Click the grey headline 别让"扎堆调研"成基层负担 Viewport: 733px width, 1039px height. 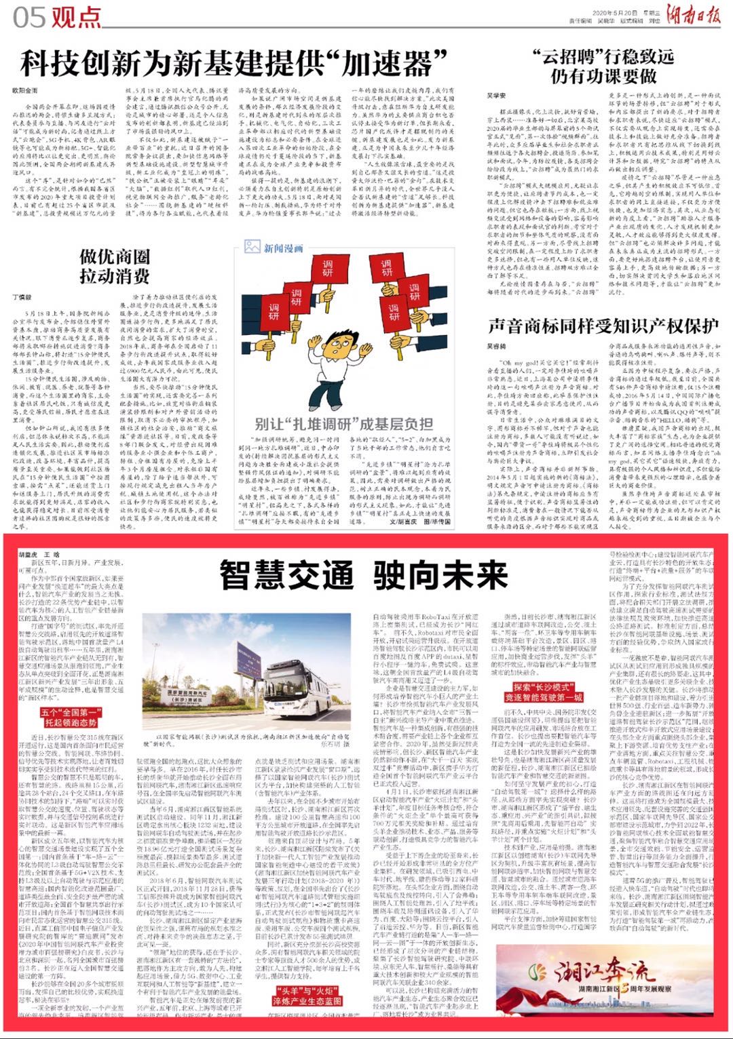[x=343, y=424]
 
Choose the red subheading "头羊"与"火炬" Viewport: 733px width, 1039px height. [x=307, y=996]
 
